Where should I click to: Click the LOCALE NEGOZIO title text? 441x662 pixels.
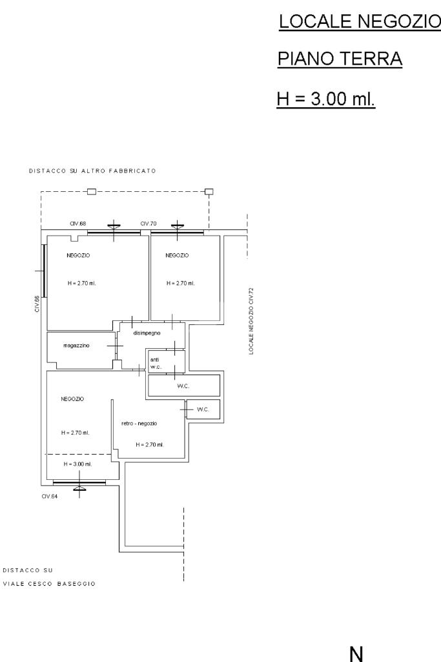click(x=360, y=21)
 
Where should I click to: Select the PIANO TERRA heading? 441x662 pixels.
click(x=340, y=59)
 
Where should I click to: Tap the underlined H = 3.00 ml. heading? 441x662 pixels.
click(x=326, y=99)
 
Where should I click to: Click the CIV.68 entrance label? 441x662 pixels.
click(x=77, y=223)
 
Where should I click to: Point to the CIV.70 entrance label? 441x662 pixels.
click(x=149, y=223)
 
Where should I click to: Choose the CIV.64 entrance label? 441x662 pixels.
click(x=49, y=497)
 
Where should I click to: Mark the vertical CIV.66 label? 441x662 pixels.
click(x=37, y=304)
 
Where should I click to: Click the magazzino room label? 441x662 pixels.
click(x=76, y=346)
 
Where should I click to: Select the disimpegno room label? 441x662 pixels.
click(x=147, y=333)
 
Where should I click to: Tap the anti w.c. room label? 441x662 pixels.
click(x=156, y=363)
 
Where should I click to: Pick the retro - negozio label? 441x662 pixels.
click(x=139, y=424)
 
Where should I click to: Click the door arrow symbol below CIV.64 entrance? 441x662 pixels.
click(x=79, y=489)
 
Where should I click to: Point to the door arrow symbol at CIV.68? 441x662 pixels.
click(x=114, y=226)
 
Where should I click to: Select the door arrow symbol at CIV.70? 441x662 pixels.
click(x=178, y=226)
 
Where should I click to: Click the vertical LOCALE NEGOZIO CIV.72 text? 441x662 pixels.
click(x=251, y=321)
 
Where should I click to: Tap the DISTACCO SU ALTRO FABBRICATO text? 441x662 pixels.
click(x=92, y=171)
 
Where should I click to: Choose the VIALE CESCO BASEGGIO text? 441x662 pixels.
click(x=49, y=584)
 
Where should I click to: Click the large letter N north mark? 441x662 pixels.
click(x=356, y=654)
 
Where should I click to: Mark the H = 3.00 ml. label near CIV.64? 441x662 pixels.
click(x=77, y=464)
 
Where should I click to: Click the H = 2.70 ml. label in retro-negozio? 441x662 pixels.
click(x=150, y=444)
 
